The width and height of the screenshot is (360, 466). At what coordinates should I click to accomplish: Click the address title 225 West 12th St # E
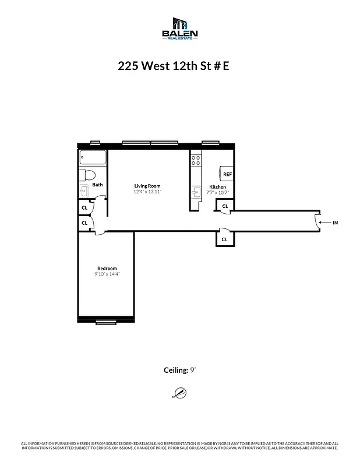click(174, 65)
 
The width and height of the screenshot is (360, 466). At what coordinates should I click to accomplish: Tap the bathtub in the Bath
click(93, 158)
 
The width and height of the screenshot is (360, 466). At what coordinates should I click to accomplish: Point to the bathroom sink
click(83, 189)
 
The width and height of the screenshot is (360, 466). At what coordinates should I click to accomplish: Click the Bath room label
click(97, 185)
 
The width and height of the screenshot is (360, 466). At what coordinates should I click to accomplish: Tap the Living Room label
click(147, 186)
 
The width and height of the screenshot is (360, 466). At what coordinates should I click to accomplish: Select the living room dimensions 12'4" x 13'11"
click(147, 192)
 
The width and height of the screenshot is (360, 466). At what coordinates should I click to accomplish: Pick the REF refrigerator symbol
click(227, 174)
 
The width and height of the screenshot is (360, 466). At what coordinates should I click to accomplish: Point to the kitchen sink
click(196, 191)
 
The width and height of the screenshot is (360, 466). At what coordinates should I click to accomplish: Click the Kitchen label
click(217, 187)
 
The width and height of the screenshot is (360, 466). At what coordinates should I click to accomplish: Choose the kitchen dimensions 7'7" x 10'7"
click(217, 192)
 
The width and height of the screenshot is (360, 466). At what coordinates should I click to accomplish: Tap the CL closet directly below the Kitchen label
click(224, 206)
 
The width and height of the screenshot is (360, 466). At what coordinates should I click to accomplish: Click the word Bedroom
click(107, 269)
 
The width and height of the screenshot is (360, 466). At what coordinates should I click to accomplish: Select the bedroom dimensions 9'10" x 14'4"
click(107, 274)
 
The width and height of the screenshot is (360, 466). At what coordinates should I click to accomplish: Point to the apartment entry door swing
click(316, 221)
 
